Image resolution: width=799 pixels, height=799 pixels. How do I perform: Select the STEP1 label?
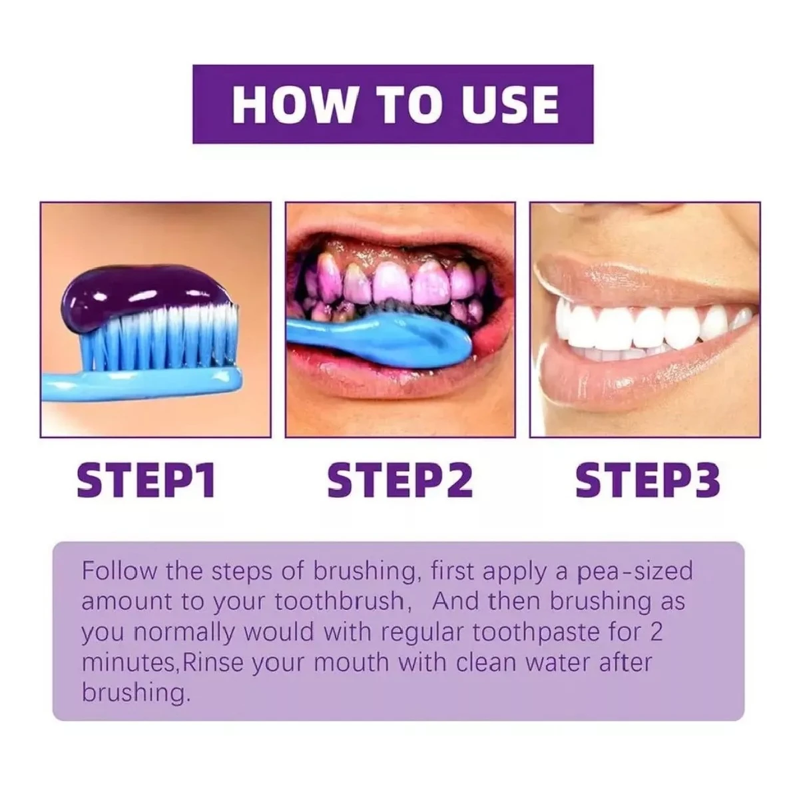[x=146, y=482]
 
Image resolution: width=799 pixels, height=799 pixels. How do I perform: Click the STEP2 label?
[x=400, y=482]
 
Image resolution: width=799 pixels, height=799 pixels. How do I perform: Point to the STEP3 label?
[x=647, y=482]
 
